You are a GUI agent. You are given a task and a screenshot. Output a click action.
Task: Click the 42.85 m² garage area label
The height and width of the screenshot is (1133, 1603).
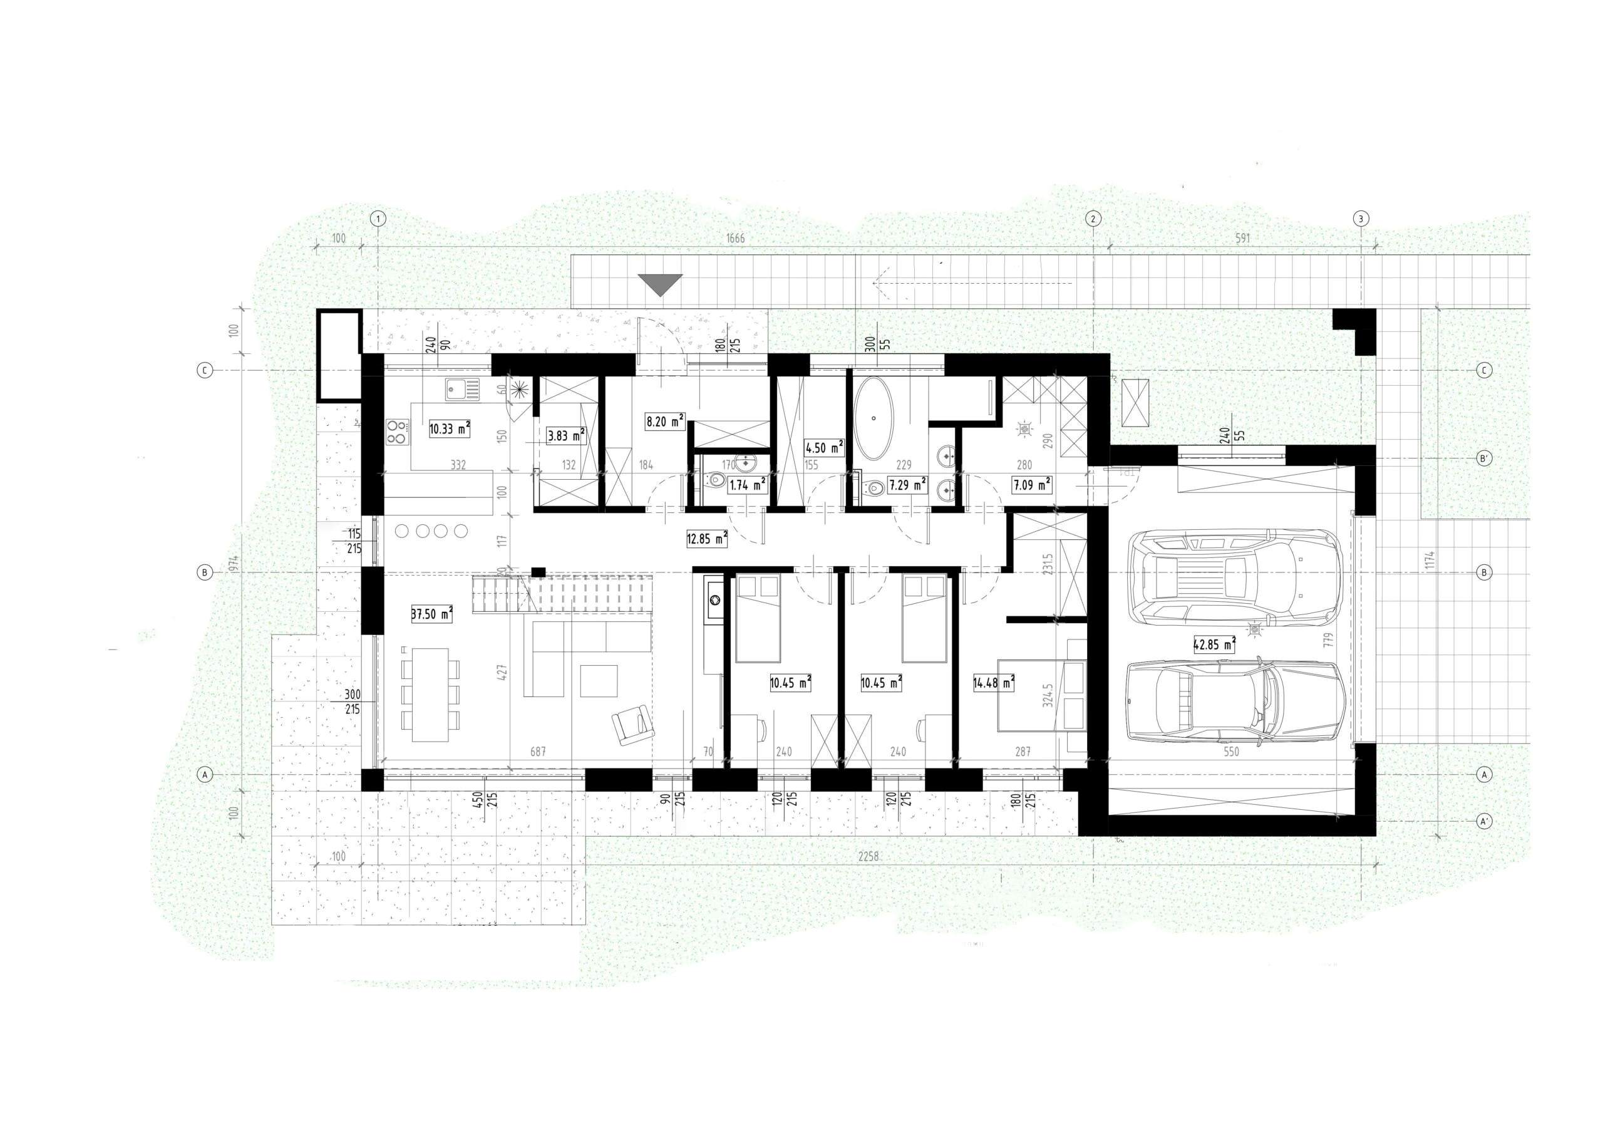click(x=1214, y=644)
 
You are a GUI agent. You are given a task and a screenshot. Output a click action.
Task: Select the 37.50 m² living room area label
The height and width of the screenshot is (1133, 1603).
click(x=432, y=614)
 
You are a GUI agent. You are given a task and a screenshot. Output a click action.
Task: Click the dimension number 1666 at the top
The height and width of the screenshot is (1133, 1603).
click(x=735, y=238)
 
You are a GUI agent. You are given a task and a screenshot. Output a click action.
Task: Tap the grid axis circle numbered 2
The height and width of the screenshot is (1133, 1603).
click(x=1093, y=219)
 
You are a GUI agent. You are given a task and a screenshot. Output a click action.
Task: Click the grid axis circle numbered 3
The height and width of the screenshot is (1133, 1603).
click(x=1360, y=219)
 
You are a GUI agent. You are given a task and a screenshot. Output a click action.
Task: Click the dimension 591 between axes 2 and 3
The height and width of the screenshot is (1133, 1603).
click(x=1242, y=238)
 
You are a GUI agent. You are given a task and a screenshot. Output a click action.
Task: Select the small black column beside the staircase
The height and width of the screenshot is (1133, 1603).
click(x=538, y=572)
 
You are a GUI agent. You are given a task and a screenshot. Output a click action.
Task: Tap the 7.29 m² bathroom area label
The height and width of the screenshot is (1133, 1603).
click(x=907, y=483)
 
